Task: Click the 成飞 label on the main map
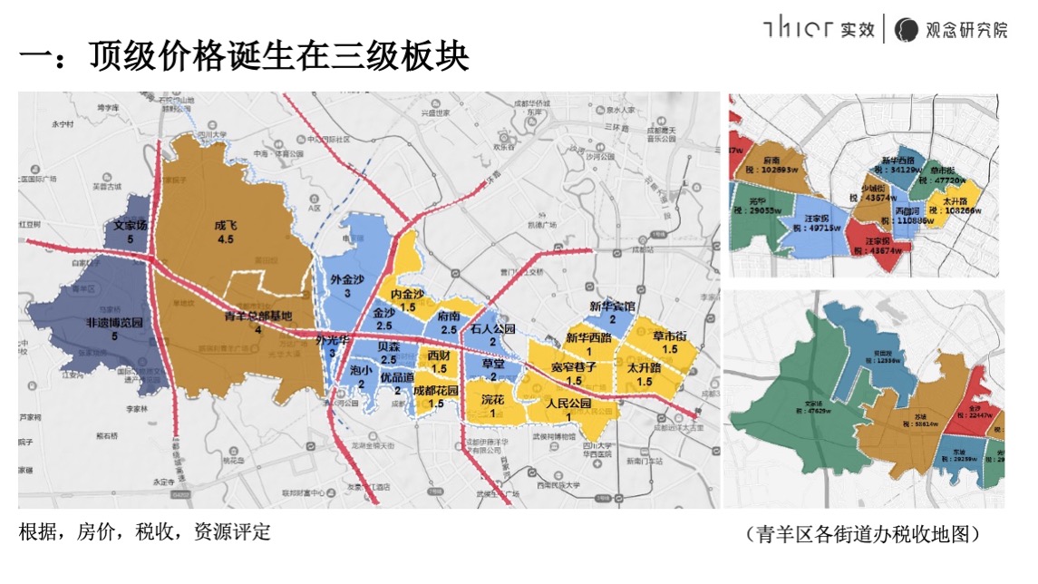tap(225, 226)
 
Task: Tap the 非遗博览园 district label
tap(114, 323)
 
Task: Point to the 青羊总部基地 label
tap(258, 316)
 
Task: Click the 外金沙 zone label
tap(347, 280)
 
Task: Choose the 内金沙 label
tap(407, 295)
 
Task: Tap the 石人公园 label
tap(492, 328)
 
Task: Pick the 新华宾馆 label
tap(612, 307)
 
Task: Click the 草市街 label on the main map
tap(670, 336)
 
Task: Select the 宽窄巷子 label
tap(573, 367)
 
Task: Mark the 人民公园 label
tap(568, 403)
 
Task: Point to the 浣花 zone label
tap(492, 399)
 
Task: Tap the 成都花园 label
tap(435, 391)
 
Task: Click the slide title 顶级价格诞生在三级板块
tap(244, 56)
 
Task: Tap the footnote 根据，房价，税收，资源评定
tap(145, 532)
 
